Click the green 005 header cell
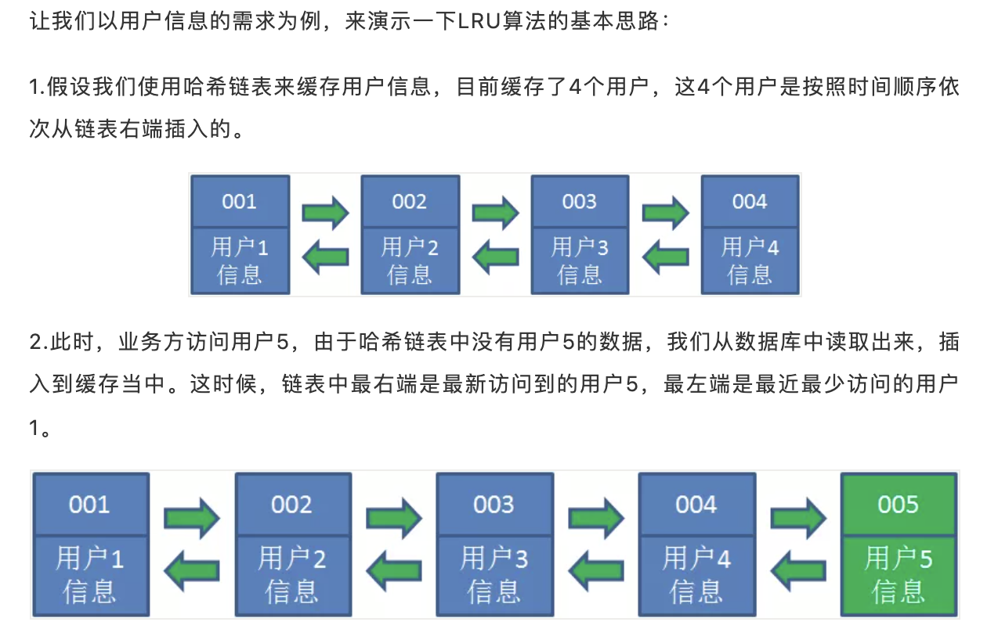pos(898,505)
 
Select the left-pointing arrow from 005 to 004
pos(797,569)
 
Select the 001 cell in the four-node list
pos(240,202)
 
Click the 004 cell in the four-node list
pos(750,202)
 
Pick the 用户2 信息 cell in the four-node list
pos(410,261)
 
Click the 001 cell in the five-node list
pos(89,505)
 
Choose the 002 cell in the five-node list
pos(291,505)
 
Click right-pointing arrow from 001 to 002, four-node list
pos(325,211)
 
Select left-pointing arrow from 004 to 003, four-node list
pos(666,256)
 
